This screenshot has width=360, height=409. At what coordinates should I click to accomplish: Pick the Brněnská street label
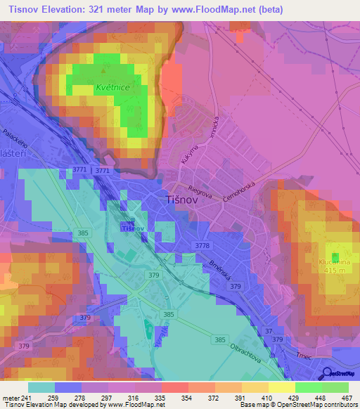point(221,270)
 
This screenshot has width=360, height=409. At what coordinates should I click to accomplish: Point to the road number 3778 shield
point(202,245)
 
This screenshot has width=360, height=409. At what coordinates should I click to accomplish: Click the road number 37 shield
point(268,331)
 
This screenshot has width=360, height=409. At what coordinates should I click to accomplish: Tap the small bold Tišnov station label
point(132,228)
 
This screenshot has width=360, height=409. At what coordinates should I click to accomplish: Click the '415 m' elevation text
point(333,271)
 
